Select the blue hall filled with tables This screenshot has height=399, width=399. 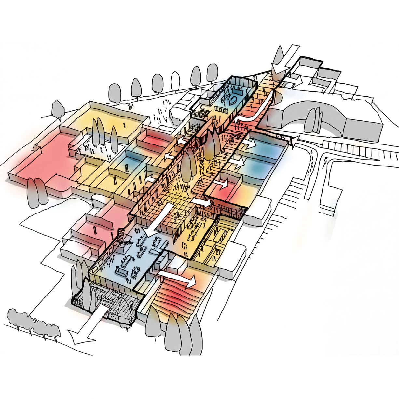point(137,254)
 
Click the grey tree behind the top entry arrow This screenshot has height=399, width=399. point(280,55)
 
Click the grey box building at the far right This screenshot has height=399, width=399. point(363,130)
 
